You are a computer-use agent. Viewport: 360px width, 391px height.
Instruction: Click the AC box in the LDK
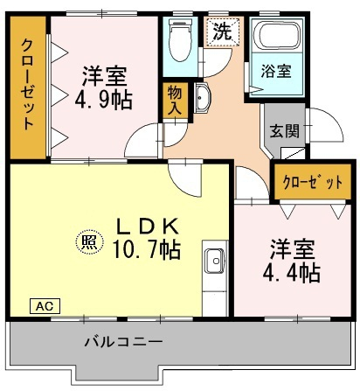click(x=45, y=306)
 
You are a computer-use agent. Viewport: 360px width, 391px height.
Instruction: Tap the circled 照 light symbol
click(x=89, y=241)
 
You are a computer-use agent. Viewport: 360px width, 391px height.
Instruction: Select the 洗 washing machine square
click(x=223, y=31)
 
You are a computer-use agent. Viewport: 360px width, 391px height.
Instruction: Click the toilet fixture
click(x=180, y=40)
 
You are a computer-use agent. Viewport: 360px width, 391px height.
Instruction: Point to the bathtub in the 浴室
click(x=276, y=35)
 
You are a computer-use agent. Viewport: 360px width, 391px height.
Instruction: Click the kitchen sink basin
click(x=215, y=261)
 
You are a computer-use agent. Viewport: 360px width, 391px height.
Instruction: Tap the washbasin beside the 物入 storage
click(x=201, y=98)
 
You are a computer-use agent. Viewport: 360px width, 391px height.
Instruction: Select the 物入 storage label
click(x=175, y=101)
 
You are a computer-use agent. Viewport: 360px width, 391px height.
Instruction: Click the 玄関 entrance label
click(x=285, y=131)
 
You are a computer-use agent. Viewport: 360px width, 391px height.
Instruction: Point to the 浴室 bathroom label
click(x=275, y=71)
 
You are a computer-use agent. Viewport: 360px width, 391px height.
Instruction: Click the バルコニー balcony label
click(x=123, y=341)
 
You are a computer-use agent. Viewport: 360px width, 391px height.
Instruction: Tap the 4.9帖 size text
click(x=104, y=100)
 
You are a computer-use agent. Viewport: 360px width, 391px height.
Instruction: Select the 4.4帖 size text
click(x=292, y=273)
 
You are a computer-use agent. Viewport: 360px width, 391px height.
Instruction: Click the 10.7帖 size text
click(x=147, y=249)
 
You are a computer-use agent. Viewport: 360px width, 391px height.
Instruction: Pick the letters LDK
click(x=148, y=227)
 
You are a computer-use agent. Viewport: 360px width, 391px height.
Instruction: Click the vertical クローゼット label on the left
click(x=28, y=85)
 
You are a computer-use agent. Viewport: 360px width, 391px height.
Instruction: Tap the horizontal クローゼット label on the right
click(x=313, y=183)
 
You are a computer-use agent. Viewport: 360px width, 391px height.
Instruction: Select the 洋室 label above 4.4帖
click(x=292, y=250)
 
